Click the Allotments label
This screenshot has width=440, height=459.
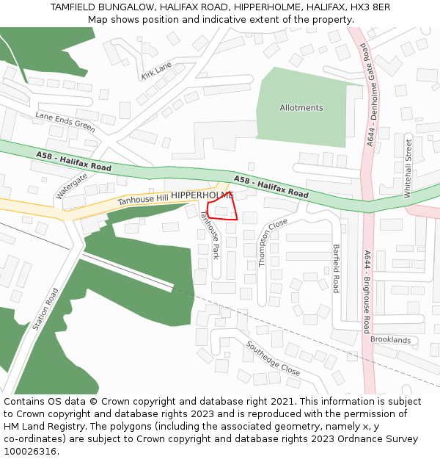click(301, 108)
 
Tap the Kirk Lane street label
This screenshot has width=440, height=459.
click(155, 71)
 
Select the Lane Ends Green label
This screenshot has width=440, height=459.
click(65, 122)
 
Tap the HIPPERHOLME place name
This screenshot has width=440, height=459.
click(202, 195)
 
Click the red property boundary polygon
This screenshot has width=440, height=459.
click(222, 207)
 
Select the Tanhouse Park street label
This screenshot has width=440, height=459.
click(210, 234)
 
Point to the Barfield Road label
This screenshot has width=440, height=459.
click(337, 268)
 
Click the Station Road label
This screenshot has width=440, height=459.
click(45, 308)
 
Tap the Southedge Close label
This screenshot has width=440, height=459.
click(273, 358)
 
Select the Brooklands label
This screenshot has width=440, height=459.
click(390, 340)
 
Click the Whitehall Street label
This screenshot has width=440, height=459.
click(408, 168)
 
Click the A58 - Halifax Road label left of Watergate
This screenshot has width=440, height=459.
click(73, 162)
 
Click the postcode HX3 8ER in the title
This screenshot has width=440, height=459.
click(371, 7)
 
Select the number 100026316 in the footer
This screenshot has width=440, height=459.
click(29, 452)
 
